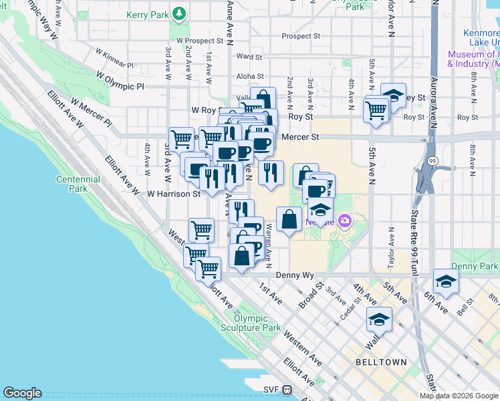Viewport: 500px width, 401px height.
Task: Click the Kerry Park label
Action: coord(146,13)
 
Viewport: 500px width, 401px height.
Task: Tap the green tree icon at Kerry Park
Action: coord(178,13)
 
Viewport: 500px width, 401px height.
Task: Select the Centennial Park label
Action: coord(78,184)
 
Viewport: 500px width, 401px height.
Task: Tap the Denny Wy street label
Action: coord(295,275)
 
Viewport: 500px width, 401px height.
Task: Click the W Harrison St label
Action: coord(174,194)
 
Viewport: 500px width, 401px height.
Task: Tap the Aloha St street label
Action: coord(249,77)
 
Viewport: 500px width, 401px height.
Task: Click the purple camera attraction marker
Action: coord(345,220)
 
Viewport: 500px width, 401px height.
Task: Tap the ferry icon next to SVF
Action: coord(287,390)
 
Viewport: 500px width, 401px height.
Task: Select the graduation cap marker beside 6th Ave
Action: coord(446,281)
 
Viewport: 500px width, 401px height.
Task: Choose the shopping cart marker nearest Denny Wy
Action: coord(208,268)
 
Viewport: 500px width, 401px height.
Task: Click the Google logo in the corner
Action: coord(22,393)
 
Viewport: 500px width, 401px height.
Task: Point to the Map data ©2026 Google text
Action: coord(459,396)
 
